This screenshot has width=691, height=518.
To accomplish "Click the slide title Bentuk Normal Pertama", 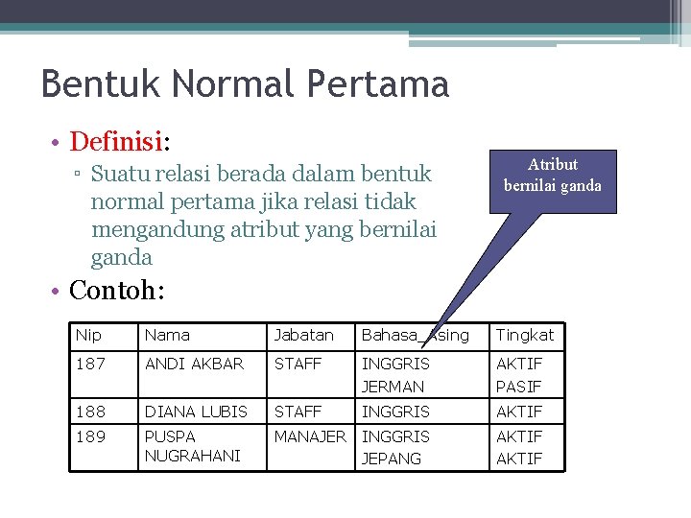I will tap(245, 84).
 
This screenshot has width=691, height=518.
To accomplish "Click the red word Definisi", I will tap(116, 142).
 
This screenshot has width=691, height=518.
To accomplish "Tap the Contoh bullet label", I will tap(117, 290).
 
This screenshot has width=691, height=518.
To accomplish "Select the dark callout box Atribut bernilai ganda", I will tap(553, 176).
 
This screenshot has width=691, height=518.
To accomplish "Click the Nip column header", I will tap(88, 335).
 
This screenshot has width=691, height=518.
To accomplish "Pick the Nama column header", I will tap(167, 335).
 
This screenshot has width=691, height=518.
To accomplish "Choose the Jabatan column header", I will tap(304, 335).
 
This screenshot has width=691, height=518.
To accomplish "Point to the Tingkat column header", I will tap(525, 335).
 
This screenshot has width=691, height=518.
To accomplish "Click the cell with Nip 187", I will tap(90, 364).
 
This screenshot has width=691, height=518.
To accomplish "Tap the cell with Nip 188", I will tap(90, 412).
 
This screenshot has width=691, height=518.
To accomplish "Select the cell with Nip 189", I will tap(90, 436).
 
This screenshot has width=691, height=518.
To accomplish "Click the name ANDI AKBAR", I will tap(194, 364).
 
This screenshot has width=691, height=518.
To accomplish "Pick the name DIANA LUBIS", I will tap(196, 412).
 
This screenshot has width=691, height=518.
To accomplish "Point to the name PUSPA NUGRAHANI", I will tap(192, 446).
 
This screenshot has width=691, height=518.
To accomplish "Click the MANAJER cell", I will tap(310, 436).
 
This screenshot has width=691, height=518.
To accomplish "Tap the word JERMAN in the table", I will tap(393, 387).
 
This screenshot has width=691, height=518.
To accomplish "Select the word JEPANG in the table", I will tap(391, 459).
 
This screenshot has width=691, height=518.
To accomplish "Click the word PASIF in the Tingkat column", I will tap(519, 387).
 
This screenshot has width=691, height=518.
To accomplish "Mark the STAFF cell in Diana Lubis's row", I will tap(298, 412).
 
